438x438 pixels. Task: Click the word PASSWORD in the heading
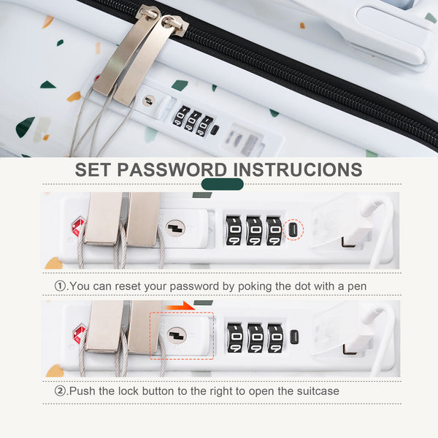click(x=172, y=169)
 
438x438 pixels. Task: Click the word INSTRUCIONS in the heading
click(x=298, y=169)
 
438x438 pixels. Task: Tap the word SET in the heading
click(x=93, y=169)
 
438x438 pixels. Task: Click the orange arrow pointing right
click(x=180, y=306)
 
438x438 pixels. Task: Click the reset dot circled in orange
click(x=293, y=230)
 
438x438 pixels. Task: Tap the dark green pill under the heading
click(x=223, y=184)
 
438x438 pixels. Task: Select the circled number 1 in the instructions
click(x=60, y=285)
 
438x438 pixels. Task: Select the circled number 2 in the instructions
click(x=60, y=391)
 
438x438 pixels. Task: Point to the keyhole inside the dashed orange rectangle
click(x=177, y=335)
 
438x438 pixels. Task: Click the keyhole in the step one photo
click(x=175, y=228)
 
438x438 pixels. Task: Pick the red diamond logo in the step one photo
click(x=78, y=226)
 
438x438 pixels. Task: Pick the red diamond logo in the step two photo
click(x=80, y=334)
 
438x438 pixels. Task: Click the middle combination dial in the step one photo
click(x=254, y=231)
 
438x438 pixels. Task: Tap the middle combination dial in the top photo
click(x=192, y=120)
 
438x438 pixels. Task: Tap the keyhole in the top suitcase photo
click(x=149, y=101)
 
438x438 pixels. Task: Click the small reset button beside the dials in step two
click(x=294, y=337)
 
